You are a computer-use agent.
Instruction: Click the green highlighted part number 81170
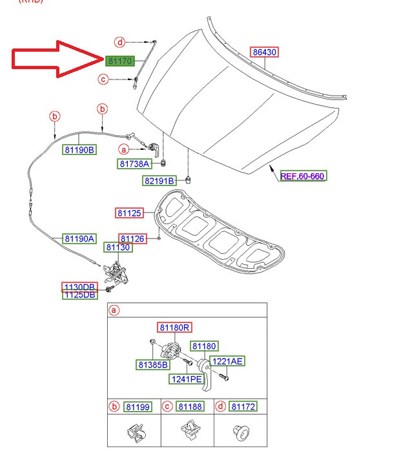point(119,61)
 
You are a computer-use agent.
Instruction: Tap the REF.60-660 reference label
point(302,176)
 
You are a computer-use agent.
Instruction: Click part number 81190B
point(79,149)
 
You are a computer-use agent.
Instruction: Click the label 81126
point(132,238)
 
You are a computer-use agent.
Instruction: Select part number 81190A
point(79,238)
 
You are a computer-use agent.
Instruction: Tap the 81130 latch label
point(118,247)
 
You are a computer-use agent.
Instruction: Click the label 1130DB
point(79,286)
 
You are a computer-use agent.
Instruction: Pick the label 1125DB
point(79,295)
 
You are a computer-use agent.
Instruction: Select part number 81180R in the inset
point(174,328)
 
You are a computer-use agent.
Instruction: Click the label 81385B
point(152,364)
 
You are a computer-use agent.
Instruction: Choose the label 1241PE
point(186,379)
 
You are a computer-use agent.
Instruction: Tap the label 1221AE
point(227,361)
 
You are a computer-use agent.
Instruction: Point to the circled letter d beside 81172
point(221,406)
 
